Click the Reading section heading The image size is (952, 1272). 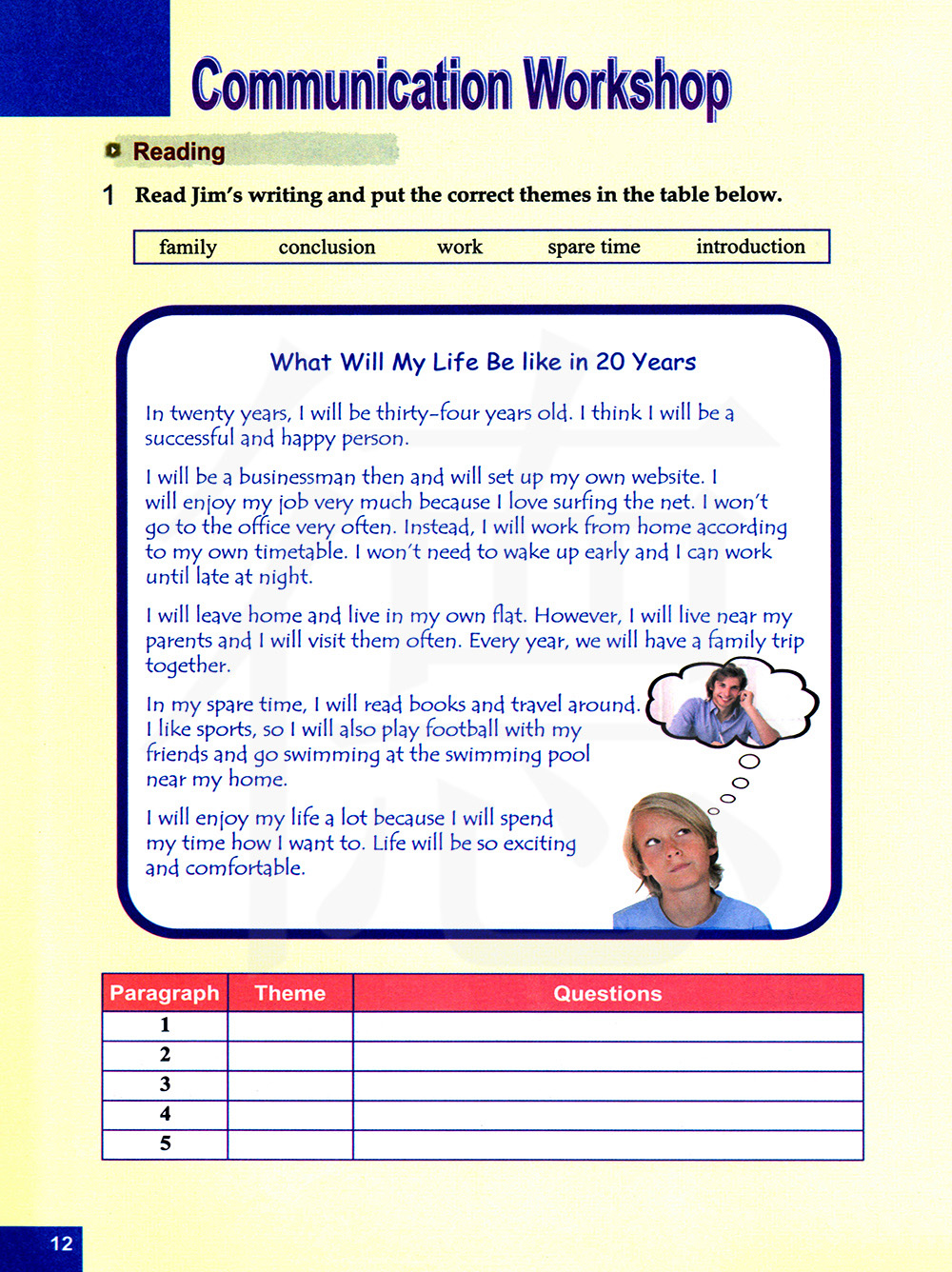click(179, 151)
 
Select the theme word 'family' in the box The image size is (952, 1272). click(188, 248)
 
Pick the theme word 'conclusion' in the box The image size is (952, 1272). click(327, 248)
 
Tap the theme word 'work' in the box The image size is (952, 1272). click(460, 248)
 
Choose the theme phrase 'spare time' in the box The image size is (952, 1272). click(594, 248)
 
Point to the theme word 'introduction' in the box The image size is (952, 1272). click(750, 247)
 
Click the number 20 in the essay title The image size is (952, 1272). click(610, 362)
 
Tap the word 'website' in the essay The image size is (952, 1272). click(666, 477)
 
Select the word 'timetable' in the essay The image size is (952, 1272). click(300, 552)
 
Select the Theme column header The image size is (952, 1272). click(290, 993)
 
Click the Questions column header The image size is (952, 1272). click(607, 993)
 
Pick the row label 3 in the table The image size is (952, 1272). click(165, 1084)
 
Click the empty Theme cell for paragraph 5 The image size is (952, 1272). click(290, 1144)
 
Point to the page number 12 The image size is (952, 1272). click(61, 1243)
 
